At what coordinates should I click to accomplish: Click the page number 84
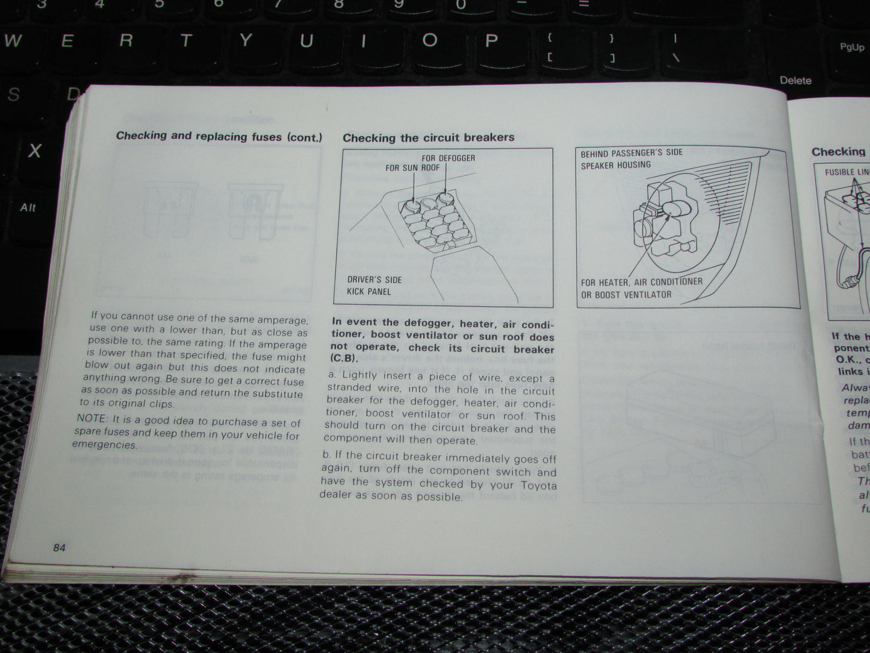pyautogui.click(x=59, y=548)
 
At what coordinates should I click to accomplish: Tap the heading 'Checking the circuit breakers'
pyautogui.click(x=428, y=138)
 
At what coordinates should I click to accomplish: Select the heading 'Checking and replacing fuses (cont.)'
pyautogui.click(x=219, y=136)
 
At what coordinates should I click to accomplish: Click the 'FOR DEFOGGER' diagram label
pyautogui.click(x=448, y=158)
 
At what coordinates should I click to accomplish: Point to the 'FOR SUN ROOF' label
pyautogui.click(x=412, y=167)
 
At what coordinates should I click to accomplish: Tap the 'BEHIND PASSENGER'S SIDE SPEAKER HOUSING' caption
pyautogui.click(x=631, y=159)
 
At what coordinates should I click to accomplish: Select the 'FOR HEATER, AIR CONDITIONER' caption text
pyautogui.click(x=641, y=282)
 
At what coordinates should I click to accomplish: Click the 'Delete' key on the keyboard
pyautogui.click(x=795, y=80)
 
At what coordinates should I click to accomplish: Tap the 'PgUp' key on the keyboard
pyautogui.click(x=851, y=47)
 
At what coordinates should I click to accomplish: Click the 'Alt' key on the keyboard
pyautogui.click(x=28, y=207)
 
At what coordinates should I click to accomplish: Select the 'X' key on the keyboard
pyautogui.click(x=34, y=151)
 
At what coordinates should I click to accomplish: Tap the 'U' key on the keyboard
pyautogui.click(x=306, y=41)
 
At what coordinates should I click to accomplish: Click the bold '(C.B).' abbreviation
pyautogui.click(x=344, y=358)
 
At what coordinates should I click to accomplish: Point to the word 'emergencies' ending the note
pyautogui.click(x=104, y=445)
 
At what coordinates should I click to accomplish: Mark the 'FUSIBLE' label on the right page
pyautogui.click(x=839, y=172)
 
